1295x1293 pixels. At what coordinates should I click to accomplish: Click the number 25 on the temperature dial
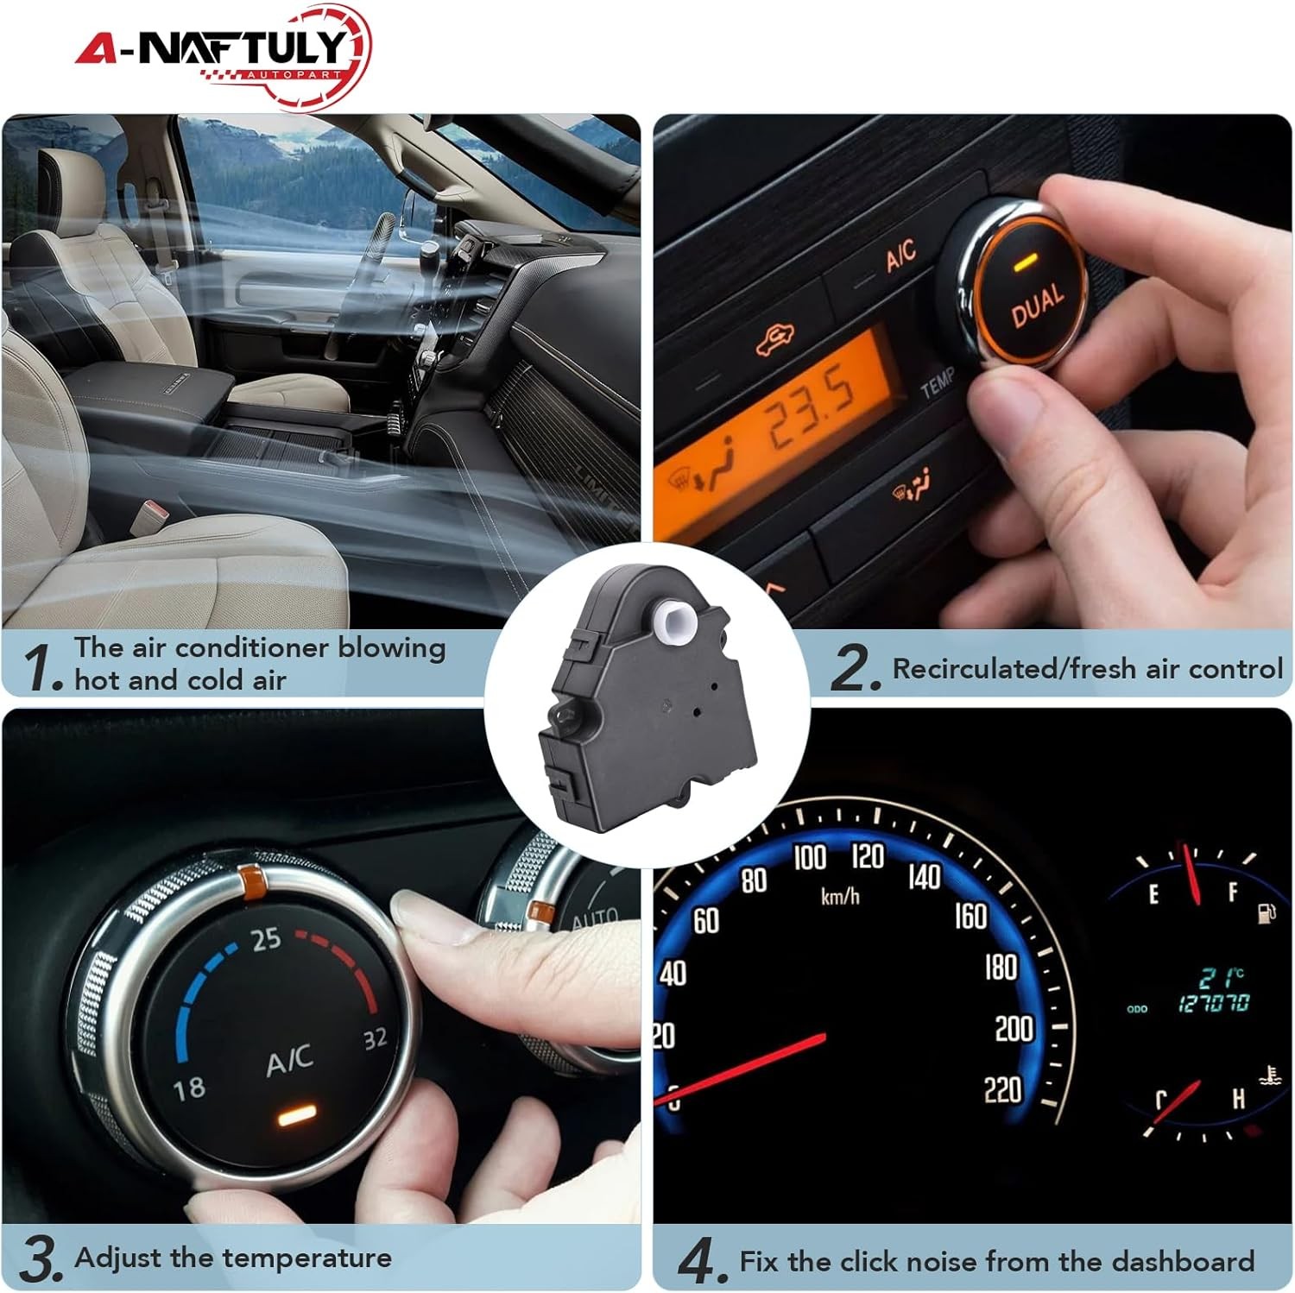tap(266, 938)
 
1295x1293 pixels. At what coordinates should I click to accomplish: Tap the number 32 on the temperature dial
tap(375, 1038)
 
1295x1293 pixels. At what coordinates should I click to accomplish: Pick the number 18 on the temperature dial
tap(189, 1087)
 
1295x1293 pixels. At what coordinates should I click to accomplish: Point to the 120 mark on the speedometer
tap(868, 856)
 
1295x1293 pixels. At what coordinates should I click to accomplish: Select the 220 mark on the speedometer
tap(1003, 1090)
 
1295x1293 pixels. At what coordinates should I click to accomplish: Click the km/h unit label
tap(840, 897)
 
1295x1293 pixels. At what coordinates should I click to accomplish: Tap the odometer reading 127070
tap(1214, 1003)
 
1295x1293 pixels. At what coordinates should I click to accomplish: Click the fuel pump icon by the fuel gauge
tap(1267, 912)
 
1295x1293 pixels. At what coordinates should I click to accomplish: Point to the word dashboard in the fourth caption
tap(1183, 1261)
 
